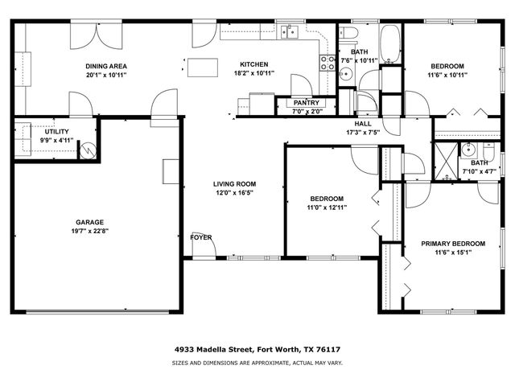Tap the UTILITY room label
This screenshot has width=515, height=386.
56,130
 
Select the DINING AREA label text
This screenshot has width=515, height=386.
106,66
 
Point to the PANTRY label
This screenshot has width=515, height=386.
306,103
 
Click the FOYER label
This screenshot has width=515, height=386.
201,237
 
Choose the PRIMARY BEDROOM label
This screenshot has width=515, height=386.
453,244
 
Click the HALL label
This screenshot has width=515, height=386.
362,124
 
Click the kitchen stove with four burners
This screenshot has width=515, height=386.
328,63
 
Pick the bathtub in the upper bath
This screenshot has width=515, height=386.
389,43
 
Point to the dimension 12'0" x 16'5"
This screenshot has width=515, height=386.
233,192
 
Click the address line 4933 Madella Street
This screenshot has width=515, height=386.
257,350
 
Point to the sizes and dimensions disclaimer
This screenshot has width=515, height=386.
257,363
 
